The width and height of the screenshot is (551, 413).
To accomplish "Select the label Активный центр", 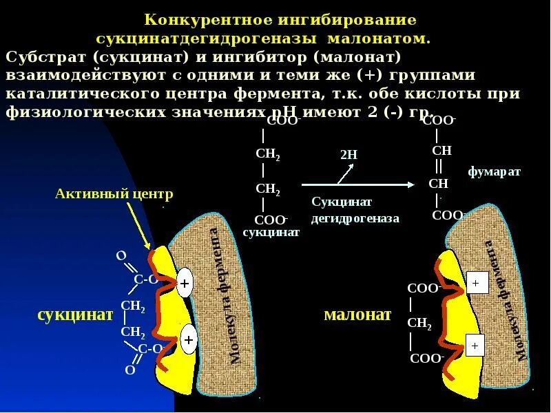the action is point(114,194).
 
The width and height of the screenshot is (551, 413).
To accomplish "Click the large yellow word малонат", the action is point(357,315).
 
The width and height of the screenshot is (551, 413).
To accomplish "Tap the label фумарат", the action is point(494,171).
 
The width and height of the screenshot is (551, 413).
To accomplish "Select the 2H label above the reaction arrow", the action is point(349,155).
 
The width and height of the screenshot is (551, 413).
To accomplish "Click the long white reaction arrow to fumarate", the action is point(358,184).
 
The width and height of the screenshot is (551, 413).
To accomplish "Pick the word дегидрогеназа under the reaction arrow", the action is point(355,218).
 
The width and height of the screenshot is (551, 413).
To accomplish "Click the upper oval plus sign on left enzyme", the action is point(185,283).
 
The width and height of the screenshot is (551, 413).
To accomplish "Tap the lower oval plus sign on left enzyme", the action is point(187,339).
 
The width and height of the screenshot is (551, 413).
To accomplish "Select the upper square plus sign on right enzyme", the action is point(477,282).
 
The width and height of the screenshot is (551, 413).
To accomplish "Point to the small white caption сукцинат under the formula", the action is point(271,233).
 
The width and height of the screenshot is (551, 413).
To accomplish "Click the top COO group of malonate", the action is point(423,288).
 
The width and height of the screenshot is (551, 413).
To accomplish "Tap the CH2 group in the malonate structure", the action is point(419,324).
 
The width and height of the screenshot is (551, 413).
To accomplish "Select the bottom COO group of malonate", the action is point(426,359).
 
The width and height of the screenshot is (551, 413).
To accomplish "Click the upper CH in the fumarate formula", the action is point(441,151).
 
